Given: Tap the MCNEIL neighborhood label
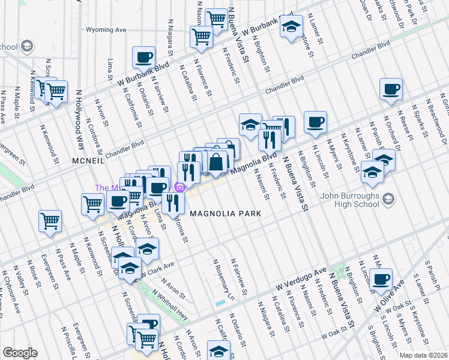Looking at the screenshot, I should tap(88, 161).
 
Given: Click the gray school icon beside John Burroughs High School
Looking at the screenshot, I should tap(389, 198).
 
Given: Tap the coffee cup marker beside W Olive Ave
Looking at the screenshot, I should tap(381, 278).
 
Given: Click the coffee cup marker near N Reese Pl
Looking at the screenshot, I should tap(391, 89).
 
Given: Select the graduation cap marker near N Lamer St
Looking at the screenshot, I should tap(291, 27).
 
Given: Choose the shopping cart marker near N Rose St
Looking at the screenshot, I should tap(50, 220).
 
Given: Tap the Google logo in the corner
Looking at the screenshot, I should tap(20, 353).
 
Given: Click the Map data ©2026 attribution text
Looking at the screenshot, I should tap(423, 355).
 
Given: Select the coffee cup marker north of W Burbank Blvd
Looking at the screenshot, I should tap(143, 57).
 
